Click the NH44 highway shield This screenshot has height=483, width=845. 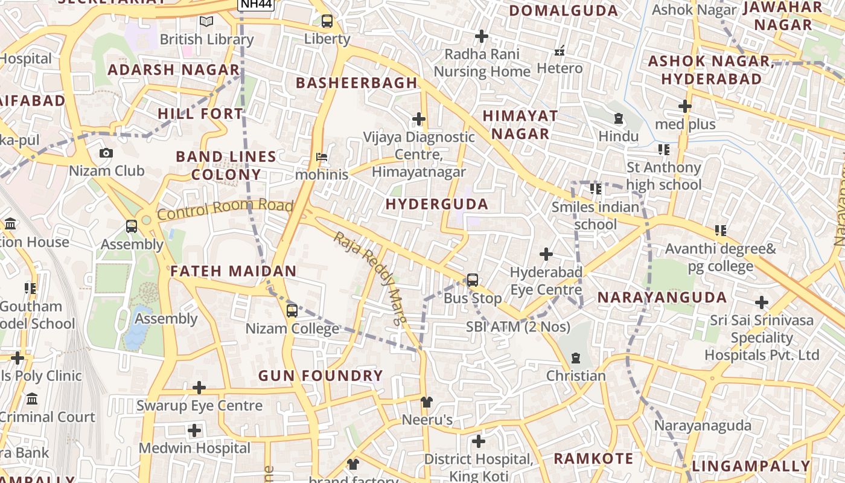[256, 4]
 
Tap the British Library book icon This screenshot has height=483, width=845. [206, 22]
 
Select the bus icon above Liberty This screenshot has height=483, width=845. [327, 21]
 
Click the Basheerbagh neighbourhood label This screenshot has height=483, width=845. [357, 83]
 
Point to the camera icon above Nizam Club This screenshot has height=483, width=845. [106, 153]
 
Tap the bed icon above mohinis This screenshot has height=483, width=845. [322, 157]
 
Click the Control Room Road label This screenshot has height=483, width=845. [225, 208]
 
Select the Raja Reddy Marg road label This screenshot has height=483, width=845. [368, 278]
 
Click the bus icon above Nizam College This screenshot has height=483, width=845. [292, 311]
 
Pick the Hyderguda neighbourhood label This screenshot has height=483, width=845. [437, 204]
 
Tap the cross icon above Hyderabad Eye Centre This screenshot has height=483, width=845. [546, 254]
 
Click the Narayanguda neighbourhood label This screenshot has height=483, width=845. [662, 297]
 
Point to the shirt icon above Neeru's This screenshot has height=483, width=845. [427, 401]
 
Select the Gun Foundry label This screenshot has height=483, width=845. [320, 376]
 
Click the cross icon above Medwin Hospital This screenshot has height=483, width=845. [194, 430]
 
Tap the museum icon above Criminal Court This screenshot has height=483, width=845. [32, 399]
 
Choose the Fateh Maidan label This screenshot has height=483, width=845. [233, 271]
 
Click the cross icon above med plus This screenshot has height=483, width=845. [684, 106]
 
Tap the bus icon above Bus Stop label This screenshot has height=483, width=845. [473, 280]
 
